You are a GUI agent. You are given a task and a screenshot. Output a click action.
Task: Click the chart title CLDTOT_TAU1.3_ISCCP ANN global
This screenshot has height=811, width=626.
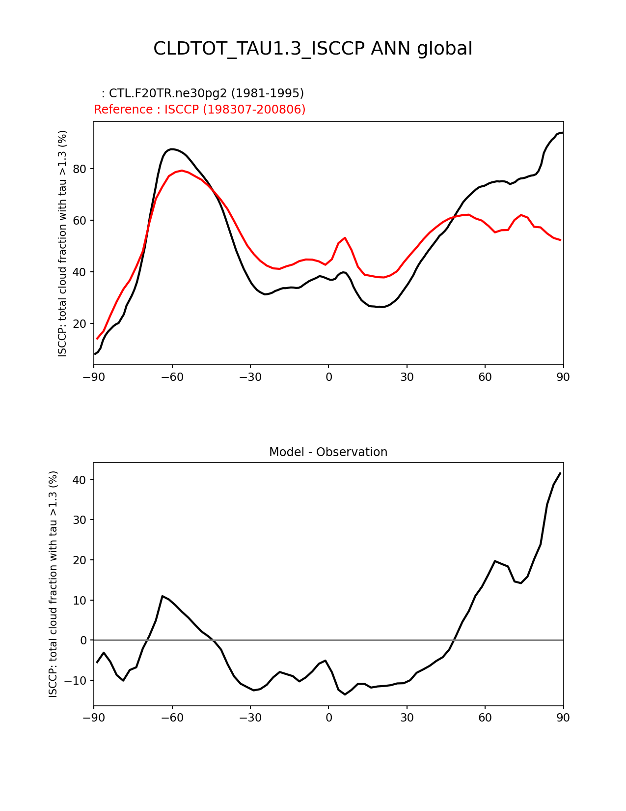click(313, 49)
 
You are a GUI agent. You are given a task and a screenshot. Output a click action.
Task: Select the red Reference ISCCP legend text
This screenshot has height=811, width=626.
click(199, 110)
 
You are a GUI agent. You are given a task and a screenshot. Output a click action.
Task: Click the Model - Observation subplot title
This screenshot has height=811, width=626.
click(328, 452)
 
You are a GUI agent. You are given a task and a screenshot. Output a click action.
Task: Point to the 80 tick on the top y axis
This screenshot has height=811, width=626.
click(79, 169)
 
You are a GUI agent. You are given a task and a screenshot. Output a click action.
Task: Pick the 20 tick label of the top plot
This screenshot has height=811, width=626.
click(79, 324)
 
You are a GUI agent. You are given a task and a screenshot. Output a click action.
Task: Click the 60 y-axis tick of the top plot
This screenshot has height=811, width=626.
click(79, 221)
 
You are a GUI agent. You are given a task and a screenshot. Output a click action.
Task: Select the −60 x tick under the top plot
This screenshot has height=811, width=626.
click(172, 377)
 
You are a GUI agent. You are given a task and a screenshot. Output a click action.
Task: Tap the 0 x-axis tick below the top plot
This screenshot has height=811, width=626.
click(328, 377)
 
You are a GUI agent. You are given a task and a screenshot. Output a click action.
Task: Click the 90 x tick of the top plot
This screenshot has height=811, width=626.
click(563, 377)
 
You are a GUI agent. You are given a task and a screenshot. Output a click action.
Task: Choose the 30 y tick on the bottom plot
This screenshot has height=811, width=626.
click(79, 520)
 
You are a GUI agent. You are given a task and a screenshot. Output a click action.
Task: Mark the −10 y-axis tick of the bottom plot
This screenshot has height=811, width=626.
click(77, 681)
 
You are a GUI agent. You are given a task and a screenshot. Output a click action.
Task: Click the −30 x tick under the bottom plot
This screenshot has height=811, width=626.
click(250, 718)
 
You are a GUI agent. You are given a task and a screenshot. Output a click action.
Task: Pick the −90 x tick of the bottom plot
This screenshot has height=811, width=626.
click(94, 718)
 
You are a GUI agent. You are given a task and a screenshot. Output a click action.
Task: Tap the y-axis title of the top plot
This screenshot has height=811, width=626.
click(62, 243)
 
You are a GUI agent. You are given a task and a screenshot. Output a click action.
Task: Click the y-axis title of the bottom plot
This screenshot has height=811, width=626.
click(53, 584)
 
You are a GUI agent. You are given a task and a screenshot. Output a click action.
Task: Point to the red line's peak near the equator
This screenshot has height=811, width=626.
click(345, 238)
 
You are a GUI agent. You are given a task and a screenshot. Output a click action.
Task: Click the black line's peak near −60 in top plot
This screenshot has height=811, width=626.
click(171, 149)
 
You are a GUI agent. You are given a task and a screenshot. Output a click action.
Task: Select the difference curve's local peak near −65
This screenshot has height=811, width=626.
click(163, 596)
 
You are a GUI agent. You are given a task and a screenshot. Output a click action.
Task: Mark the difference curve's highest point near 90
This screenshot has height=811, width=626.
click(560, 473)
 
